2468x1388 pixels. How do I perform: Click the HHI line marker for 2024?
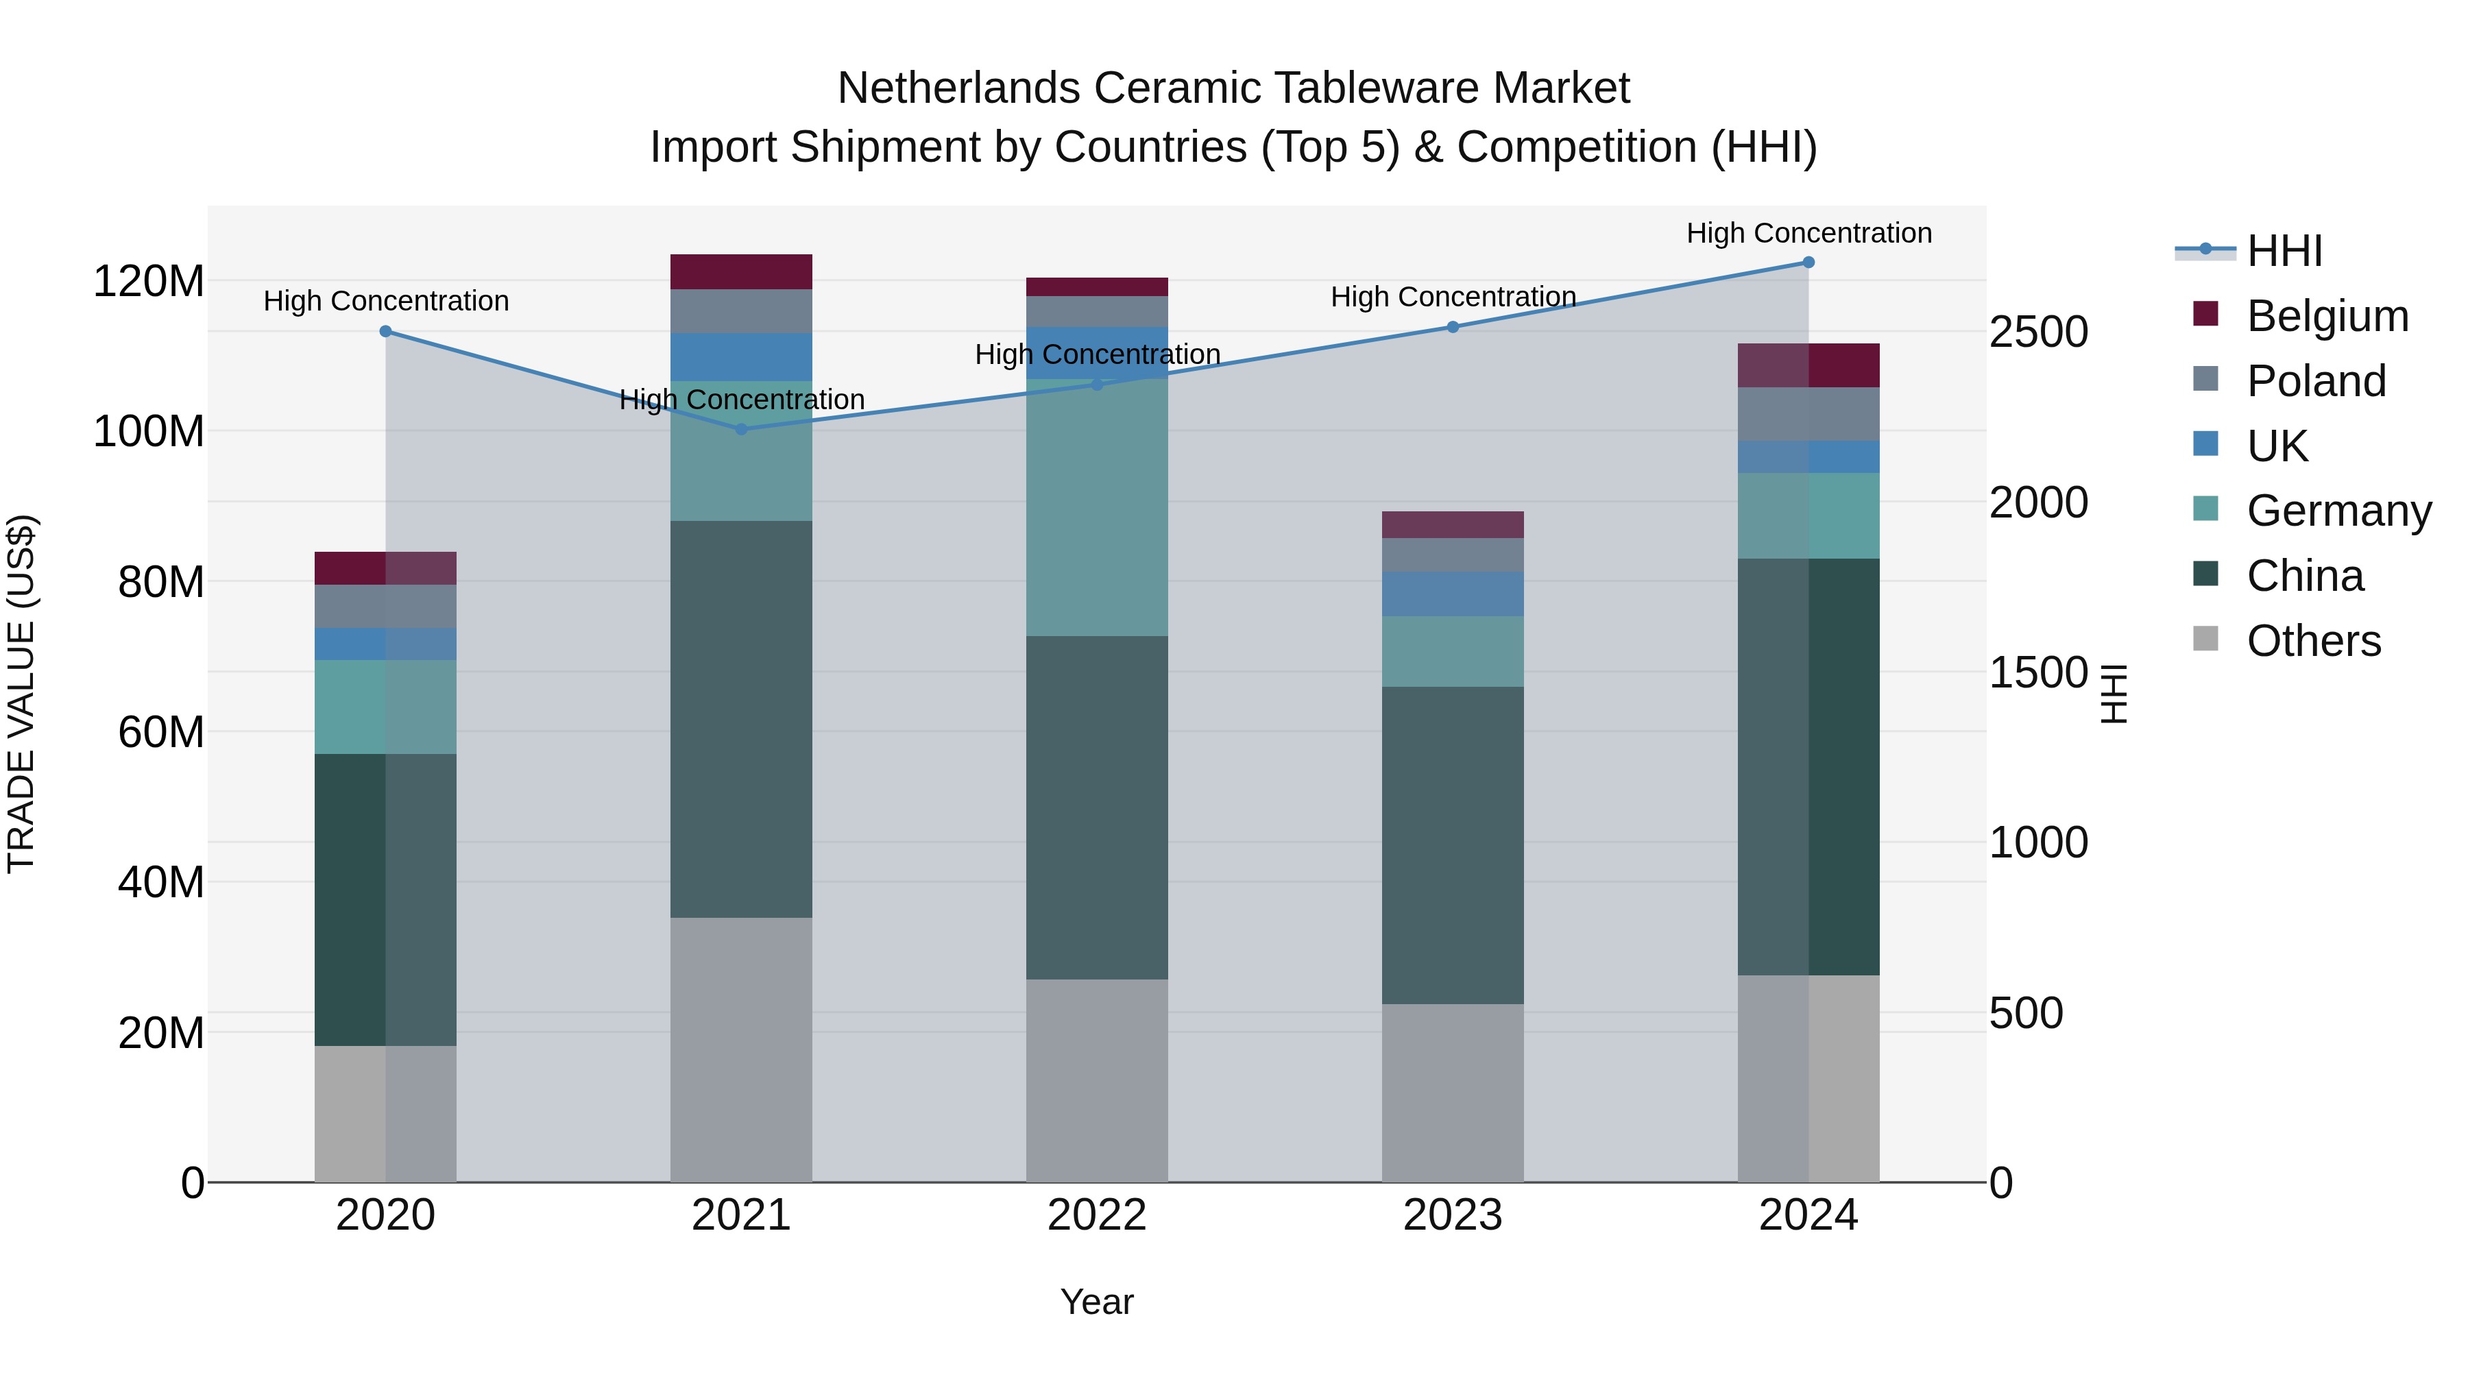(1808, 263)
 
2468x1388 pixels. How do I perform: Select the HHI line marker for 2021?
(740, 429)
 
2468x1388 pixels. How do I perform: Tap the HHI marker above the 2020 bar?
(385, 332)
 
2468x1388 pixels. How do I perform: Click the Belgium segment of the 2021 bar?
(740, 272)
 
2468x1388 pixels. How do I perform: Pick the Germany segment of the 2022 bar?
(1096, 508)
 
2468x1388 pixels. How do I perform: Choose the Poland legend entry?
(2316, 381)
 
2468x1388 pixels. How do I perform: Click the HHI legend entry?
(2284, 251)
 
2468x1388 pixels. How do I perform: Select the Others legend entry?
(2313, 641)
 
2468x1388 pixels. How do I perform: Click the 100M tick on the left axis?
(149, 432)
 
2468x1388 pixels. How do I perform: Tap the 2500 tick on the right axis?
(2038, 332)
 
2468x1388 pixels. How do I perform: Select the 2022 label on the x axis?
(1096, 1215)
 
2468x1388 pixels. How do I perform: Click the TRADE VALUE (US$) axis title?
(21, 694)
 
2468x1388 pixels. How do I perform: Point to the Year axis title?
(1096, 1302)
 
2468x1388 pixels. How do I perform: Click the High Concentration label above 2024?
(1808, 233)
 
